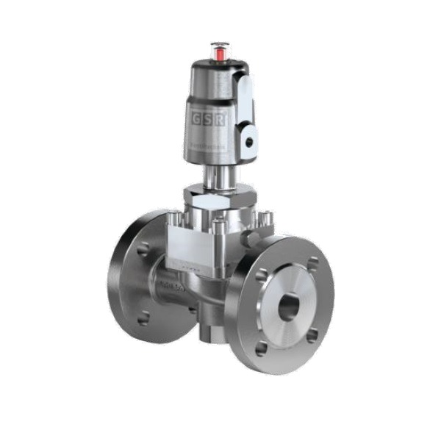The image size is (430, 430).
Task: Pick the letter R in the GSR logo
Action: pos(223,121)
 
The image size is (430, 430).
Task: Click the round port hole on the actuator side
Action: pos(248,140)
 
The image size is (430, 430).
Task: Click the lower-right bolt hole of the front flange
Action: pos(312,334)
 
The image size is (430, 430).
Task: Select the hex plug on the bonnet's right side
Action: pos(250,239)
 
